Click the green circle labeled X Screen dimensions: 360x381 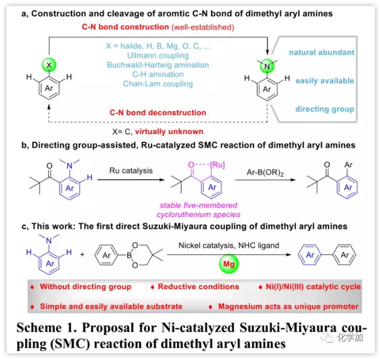pos(49,66)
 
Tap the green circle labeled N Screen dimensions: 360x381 pos(267,66)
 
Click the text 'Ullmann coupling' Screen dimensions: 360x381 pos(158,56)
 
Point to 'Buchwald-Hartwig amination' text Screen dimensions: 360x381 pos(158,65)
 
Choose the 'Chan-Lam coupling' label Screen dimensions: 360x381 pos(158,84)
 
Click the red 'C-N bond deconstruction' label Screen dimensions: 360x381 pos(158,112)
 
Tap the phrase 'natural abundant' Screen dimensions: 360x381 pos(321,52)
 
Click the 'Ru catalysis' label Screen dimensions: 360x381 pos(130,170)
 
